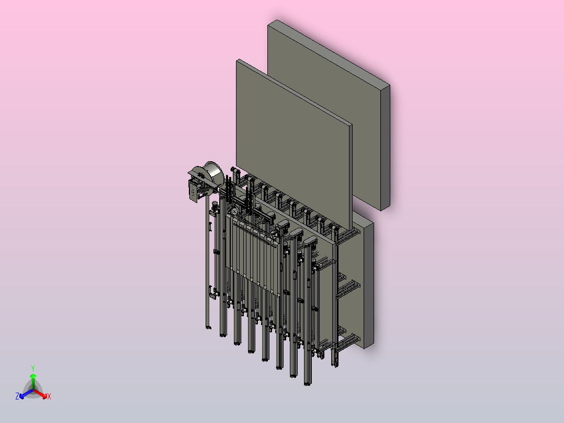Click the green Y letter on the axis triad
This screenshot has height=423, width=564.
coord(33,368)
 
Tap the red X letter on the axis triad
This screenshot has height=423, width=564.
coord(49,396)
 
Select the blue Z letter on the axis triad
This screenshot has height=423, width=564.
coord(17,396)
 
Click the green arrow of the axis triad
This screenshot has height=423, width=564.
coord(33,382)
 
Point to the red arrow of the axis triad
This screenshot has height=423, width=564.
coord(40,394)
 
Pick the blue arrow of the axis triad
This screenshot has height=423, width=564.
coord(26,394)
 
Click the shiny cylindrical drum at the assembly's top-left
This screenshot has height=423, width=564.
coord(213,173)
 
